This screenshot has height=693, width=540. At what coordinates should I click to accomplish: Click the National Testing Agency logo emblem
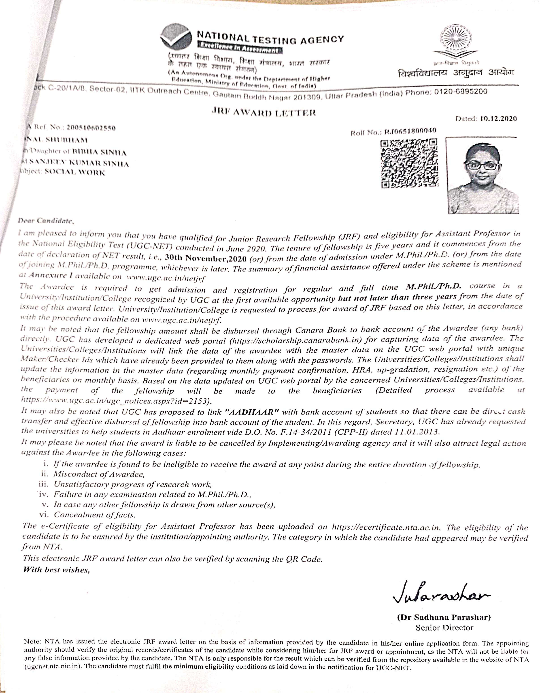tap(176, 37)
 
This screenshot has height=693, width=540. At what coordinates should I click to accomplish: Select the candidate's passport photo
tap(482, 175)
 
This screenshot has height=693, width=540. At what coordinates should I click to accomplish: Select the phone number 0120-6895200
tap(460, 92)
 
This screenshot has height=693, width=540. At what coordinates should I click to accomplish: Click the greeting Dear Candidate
tap(46, 220)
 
